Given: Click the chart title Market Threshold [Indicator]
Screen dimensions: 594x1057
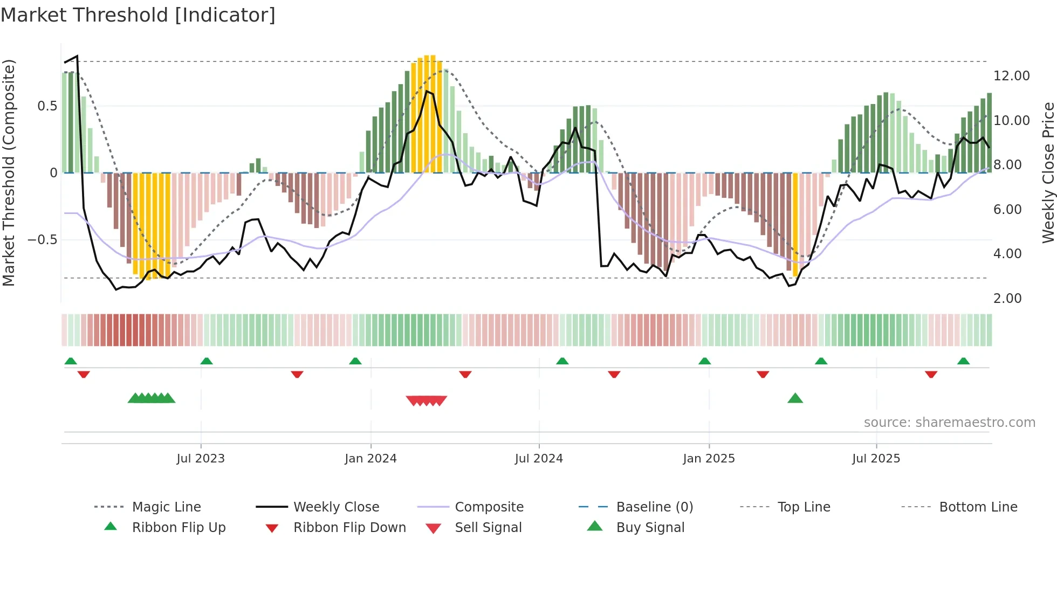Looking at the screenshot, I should [138, 15].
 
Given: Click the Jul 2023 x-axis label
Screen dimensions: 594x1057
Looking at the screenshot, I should [201, 459].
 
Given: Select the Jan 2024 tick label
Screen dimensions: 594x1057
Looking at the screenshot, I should [370, 459].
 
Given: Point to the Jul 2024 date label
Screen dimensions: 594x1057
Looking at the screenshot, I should [539, 459].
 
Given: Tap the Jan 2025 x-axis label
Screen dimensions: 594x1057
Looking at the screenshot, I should [709, 459].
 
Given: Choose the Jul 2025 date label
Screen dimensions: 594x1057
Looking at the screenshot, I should [876, 459].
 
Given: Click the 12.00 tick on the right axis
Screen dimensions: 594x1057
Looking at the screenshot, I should [1011, 76].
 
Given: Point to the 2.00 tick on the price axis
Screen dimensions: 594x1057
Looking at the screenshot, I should [1007, 299].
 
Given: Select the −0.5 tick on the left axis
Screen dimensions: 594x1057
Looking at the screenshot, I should [42, 240].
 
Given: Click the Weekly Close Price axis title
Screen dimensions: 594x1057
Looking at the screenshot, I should [1048, 172].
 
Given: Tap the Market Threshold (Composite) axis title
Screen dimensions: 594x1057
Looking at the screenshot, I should [9, 172].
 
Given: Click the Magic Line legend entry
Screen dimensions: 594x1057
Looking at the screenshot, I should [166, 507].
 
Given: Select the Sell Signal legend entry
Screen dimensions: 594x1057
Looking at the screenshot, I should [488, 528].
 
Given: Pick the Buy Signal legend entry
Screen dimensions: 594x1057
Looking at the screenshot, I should [650, 528].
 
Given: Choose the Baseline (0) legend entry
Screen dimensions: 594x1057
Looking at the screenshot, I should [654, 507].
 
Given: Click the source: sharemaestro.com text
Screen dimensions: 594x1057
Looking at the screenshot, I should [949, 423].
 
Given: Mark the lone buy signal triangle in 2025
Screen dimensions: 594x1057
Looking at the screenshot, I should [795, 399].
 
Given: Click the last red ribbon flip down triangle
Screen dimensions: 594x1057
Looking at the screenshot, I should [931, 374].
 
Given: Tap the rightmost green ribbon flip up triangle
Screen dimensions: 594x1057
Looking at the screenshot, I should [963, 361].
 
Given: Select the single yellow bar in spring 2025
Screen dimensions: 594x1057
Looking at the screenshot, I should [795, 224].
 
